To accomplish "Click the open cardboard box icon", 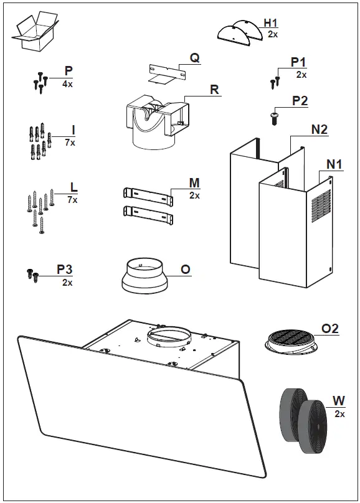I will (x=35, y=32).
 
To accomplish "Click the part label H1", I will (x=271, y=23).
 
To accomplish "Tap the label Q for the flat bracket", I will (x=194, y=58).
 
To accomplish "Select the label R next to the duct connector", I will (x=214, y=90).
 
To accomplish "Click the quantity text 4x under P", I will (x=67, y=83).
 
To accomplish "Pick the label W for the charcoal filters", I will (x=339, y=401).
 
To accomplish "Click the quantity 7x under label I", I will (x=70, y=143).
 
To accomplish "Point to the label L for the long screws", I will (x=73, y=187).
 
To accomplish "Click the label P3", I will (x=65, y=269).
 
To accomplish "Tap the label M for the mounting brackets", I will (x=194, y=183).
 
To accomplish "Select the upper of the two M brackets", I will (x=147, y=194).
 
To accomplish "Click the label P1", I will (x=298, y=63).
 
